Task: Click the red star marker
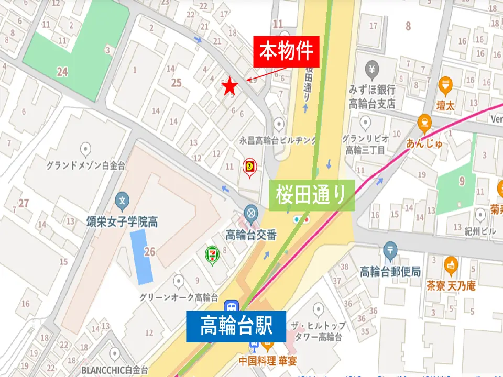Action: click(x=229, y=87)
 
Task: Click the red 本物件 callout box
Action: click(x=286, y=52)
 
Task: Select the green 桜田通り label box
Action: click(x=312, y=194)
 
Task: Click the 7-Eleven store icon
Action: click(x=211, y=255)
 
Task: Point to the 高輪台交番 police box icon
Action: click(x=251, y=213)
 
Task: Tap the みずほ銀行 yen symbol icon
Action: click(x=372, y=69)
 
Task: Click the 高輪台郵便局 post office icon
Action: click(x=390, y=250)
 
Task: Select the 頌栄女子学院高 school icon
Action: click(x=122, y=200)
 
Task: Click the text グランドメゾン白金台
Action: click(x=85, y=166)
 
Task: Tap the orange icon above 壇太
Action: click(x=445, y=83)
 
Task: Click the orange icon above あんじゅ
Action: click(x=424, y=122)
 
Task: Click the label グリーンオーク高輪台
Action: click(x=178, y=297)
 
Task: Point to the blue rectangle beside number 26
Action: click(x=141, y=256)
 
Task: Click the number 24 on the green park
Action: click(x=62, y=72)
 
